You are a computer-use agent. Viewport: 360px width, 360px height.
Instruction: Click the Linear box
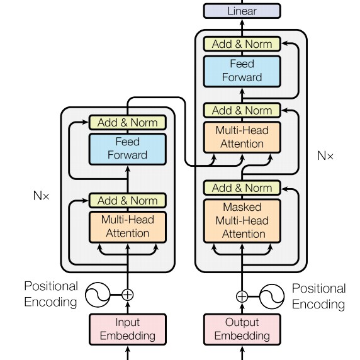(242, 11)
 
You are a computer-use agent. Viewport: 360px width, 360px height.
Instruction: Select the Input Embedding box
(128, 329)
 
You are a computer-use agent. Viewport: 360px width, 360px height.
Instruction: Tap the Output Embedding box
(242, 329)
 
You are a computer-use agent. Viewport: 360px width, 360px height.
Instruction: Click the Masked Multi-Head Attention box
(242, 221)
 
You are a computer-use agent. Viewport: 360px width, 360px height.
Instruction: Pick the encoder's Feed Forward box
(128, 149)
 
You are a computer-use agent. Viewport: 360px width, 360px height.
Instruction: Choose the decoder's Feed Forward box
(242, 71)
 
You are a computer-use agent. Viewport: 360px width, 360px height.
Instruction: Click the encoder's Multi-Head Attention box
(128, 227)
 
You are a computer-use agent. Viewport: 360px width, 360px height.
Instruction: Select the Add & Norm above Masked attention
(242, 188)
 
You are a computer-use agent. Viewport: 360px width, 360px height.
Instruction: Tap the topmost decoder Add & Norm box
(242, 43)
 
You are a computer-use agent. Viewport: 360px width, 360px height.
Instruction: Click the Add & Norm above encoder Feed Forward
(128, 122)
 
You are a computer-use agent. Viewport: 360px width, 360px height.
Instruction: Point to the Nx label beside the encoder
(42, 196)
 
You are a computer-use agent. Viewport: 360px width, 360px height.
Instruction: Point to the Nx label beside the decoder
(325, 155)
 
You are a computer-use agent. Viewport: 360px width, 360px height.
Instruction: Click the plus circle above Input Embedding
(127, 295)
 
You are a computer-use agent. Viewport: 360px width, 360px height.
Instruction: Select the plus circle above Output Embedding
(242, 296)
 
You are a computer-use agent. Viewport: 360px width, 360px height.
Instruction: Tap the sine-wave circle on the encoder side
(98, 295)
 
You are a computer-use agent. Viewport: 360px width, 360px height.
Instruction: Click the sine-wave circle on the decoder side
(272, 296)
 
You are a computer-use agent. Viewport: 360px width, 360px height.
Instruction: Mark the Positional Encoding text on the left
(51, 294)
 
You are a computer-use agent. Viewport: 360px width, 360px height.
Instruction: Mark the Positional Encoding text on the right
(318, 296)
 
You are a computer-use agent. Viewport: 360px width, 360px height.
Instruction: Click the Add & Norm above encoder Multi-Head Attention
(128, 200)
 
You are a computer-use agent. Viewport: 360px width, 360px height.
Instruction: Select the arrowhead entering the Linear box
(242, 22)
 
